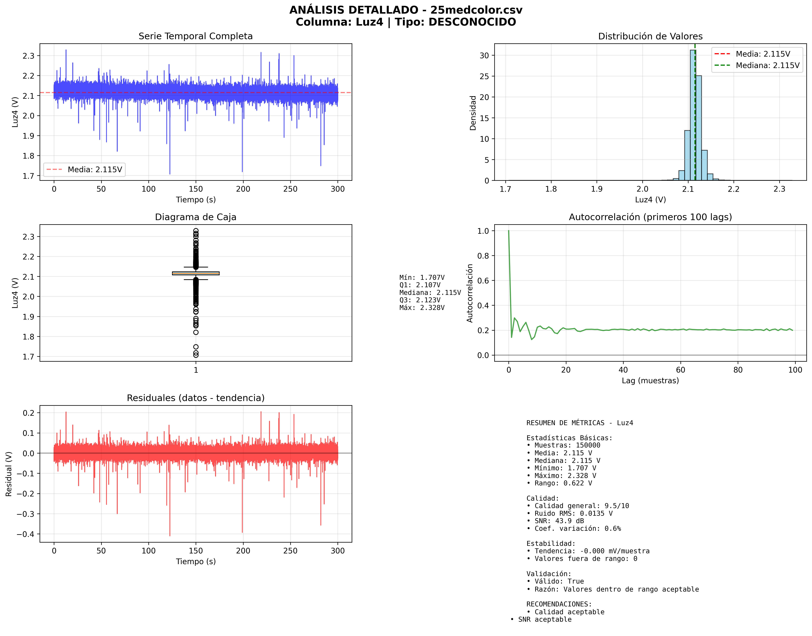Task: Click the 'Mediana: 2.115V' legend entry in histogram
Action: coord(767,66)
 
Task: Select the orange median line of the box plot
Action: coord(196,273)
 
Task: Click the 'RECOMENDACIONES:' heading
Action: coord(559,604)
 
